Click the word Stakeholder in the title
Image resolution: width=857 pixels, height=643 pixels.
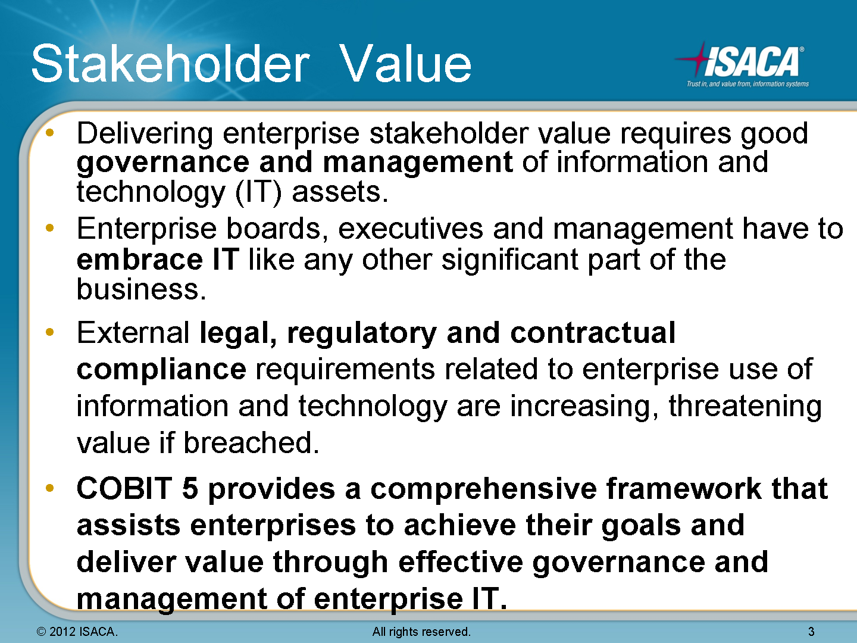(x=171, y=63)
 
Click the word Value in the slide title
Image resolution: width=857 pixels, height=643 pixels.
(x=405, y=63)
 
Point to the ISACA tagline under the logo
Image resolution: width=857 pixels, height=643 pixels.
(x=747, y=84)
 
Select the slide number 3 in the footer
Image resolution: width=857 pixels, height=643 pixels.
(x=811, y=631)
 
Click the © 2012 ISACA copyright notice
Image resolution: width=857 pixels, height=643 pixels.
(x=77, y=631)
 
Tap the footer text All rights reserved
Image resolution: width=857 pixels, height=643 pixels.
(x=421, y=631)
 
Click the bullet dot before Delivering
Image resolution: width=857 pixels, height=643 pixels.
(x=49, y=133)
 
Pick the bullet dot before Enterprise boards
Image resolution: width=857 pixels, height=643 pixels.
(x=49, y=227)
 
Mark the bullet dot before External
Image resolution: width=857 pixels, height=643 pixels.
(x=49, y=332)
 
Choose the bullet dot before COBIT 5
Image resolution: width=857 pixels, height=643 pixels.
(x=49, y=488)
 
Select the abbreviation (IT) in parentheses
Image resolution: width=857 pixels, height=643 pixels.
(x=258, y=192)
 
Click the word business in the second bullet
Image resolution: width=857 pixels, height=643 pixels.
(x=141, y=289)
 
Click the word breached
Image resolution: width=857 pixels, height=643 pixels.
(x=251, y=443)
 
